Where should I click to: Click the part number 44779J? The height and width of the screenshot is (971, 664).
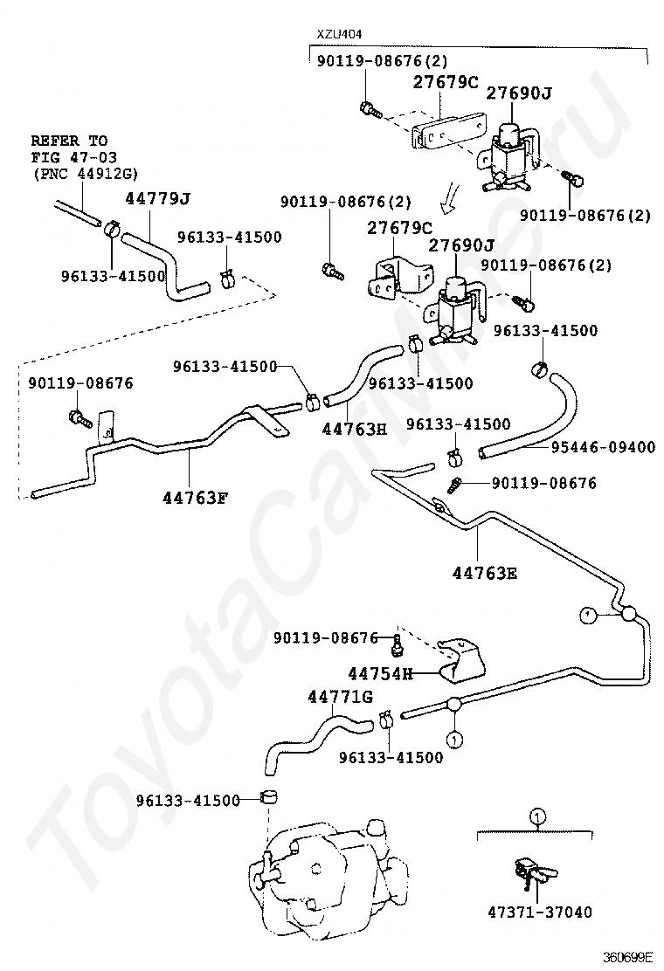pyautogui.click(x=157, y=198)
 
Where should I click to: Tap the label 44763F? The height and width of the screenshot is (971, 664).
pyautogui.click(x=194, y=499)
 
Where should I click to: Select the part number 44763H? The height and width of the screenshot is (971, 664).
pyautogui.click(x=353, y=429)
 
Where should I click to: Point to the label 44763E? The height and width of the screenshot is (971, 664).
pyautogui.click(x=485, y=573)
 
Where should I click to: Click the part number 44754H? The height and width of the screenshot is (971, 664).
pyautogui.click(x=380, y=673)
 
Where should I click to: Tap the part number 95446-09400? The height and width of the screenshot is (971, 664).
pyautogui.click(x=603, y=447)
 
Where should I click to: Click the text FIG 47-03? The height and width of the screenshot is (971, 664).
pyautogui.click(x=71, y=156)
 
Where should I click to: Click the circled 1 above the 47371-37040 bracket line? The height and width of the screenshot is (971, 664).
pyautogui.click(x=537, y=817)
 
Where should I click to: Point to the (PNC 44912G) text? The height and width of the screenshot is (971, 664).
pyautogui.click(x=86, y=173)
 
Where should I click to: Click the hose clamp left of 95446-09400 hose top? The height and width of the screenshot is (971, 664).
pyautogui.click(x=539, y=370)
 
